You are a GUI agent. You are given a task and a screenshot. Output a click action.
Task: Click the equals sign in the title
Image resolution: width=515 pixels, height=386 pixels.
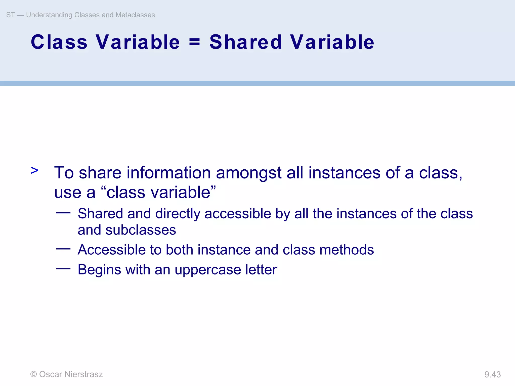pyautogui.click(x=194, y=42)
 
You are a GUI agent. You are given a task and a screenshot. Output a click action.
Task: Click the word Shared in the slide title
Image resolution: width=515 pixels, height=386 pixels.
pyautogui.click(x=246, y=42)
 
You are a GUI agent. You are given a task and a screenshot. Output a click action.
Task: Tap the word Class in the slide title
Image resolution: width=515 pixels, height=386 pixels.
pyautogui.click(x=59, y=42)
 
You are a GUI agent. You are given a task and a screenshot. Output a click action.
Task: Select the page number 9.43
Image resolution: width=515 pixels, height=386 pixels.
pyautogui.click(x=492, y=374)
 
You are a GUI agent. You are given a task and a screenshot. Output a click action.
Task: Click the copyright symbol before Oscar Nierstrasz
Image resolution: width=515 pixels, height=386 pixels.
pyautogui.click(x=33, y=374)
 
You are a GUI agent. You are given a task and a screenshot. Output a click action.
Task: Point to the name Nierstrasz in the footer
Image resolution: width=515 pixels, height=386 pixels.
pyautogui.click(x=83, y=374)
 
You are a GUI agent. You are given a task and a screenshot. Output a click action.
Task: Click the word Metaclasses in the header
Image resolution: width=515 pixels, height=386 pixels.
pyautogui.click(x=135, y=15)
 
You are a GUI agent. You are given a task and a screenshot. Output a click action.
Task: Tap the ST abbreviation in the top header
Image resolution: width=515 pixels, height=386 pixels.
pyautogui.click(x=10, y=15)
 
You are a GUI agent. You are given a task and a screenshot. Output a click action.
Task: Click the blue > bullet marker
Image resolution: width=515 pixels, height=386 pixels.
pyautogui.click(x=35, y=170)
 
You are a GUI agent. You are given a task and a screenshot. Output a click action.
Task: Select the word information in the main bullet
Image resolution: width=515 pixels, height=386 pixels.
pyautogui.click(x=168, y=173)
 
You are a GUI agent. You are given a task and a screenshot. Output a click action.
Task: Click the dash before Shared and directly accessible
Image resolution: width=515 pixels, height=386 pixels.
pyautogui.click(x=63, y=213)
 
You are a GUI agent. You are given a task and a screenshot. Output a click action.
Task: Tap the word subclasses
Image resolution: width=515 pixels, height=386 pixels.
pyautogui.click(x=141, y=230)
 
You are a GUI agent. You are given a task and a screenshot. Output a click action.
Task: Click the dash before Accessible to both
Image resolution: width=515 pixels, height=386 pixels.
pyautogui.click(x=63, y=249)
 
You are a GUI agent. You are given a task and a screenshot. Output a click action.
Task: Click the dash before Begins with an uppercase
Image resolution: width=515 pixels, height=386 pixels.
pyautogui.click(x=63, y=269)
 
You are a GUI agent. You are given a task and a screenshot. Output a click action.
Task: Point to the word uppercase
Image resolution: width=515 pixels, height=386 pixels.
pyautogui.click(x=208, y=270)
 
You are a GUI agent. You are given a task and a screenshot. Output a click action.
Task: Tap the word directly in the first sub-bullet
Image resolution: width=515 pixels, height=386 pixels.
pyautogui.click(x=178, y=214)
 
